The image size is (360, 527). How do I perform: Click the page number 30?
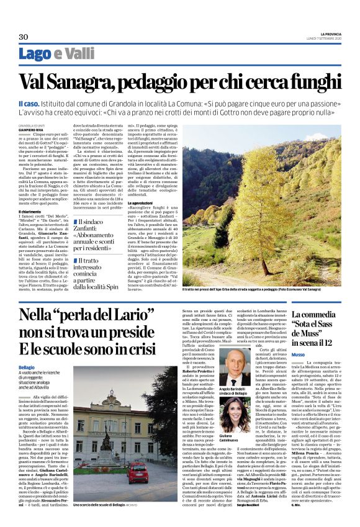(24, 37)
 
